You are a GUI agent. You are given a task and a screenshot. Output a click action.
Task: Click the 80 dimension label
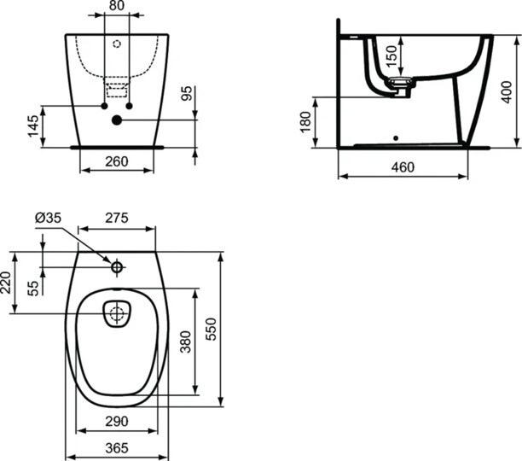coord(117,5)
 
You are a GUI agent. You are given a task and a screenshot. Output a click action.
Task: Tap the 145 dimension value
coord(33,126)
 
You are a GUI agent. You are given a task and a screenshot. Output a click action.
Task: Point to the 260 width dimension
coord(117,161)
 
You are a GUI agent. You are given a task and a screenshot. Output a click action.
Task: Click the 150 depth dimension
coord(391,55)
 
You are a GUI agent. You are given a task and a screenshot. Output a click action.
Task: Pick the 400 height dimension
coord(506,92)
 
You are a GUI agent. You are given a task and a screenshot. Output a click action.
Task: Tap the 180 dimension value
coord(305,122)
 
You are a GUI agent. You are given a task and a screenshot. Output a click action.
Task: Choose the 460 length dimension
coord(403,167)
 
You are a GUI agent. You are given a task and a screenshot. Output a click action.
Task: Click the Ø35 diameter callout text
coord(49,218)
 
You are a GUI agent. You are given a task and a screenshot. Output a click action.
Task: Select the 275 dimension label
coord(117,218)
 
